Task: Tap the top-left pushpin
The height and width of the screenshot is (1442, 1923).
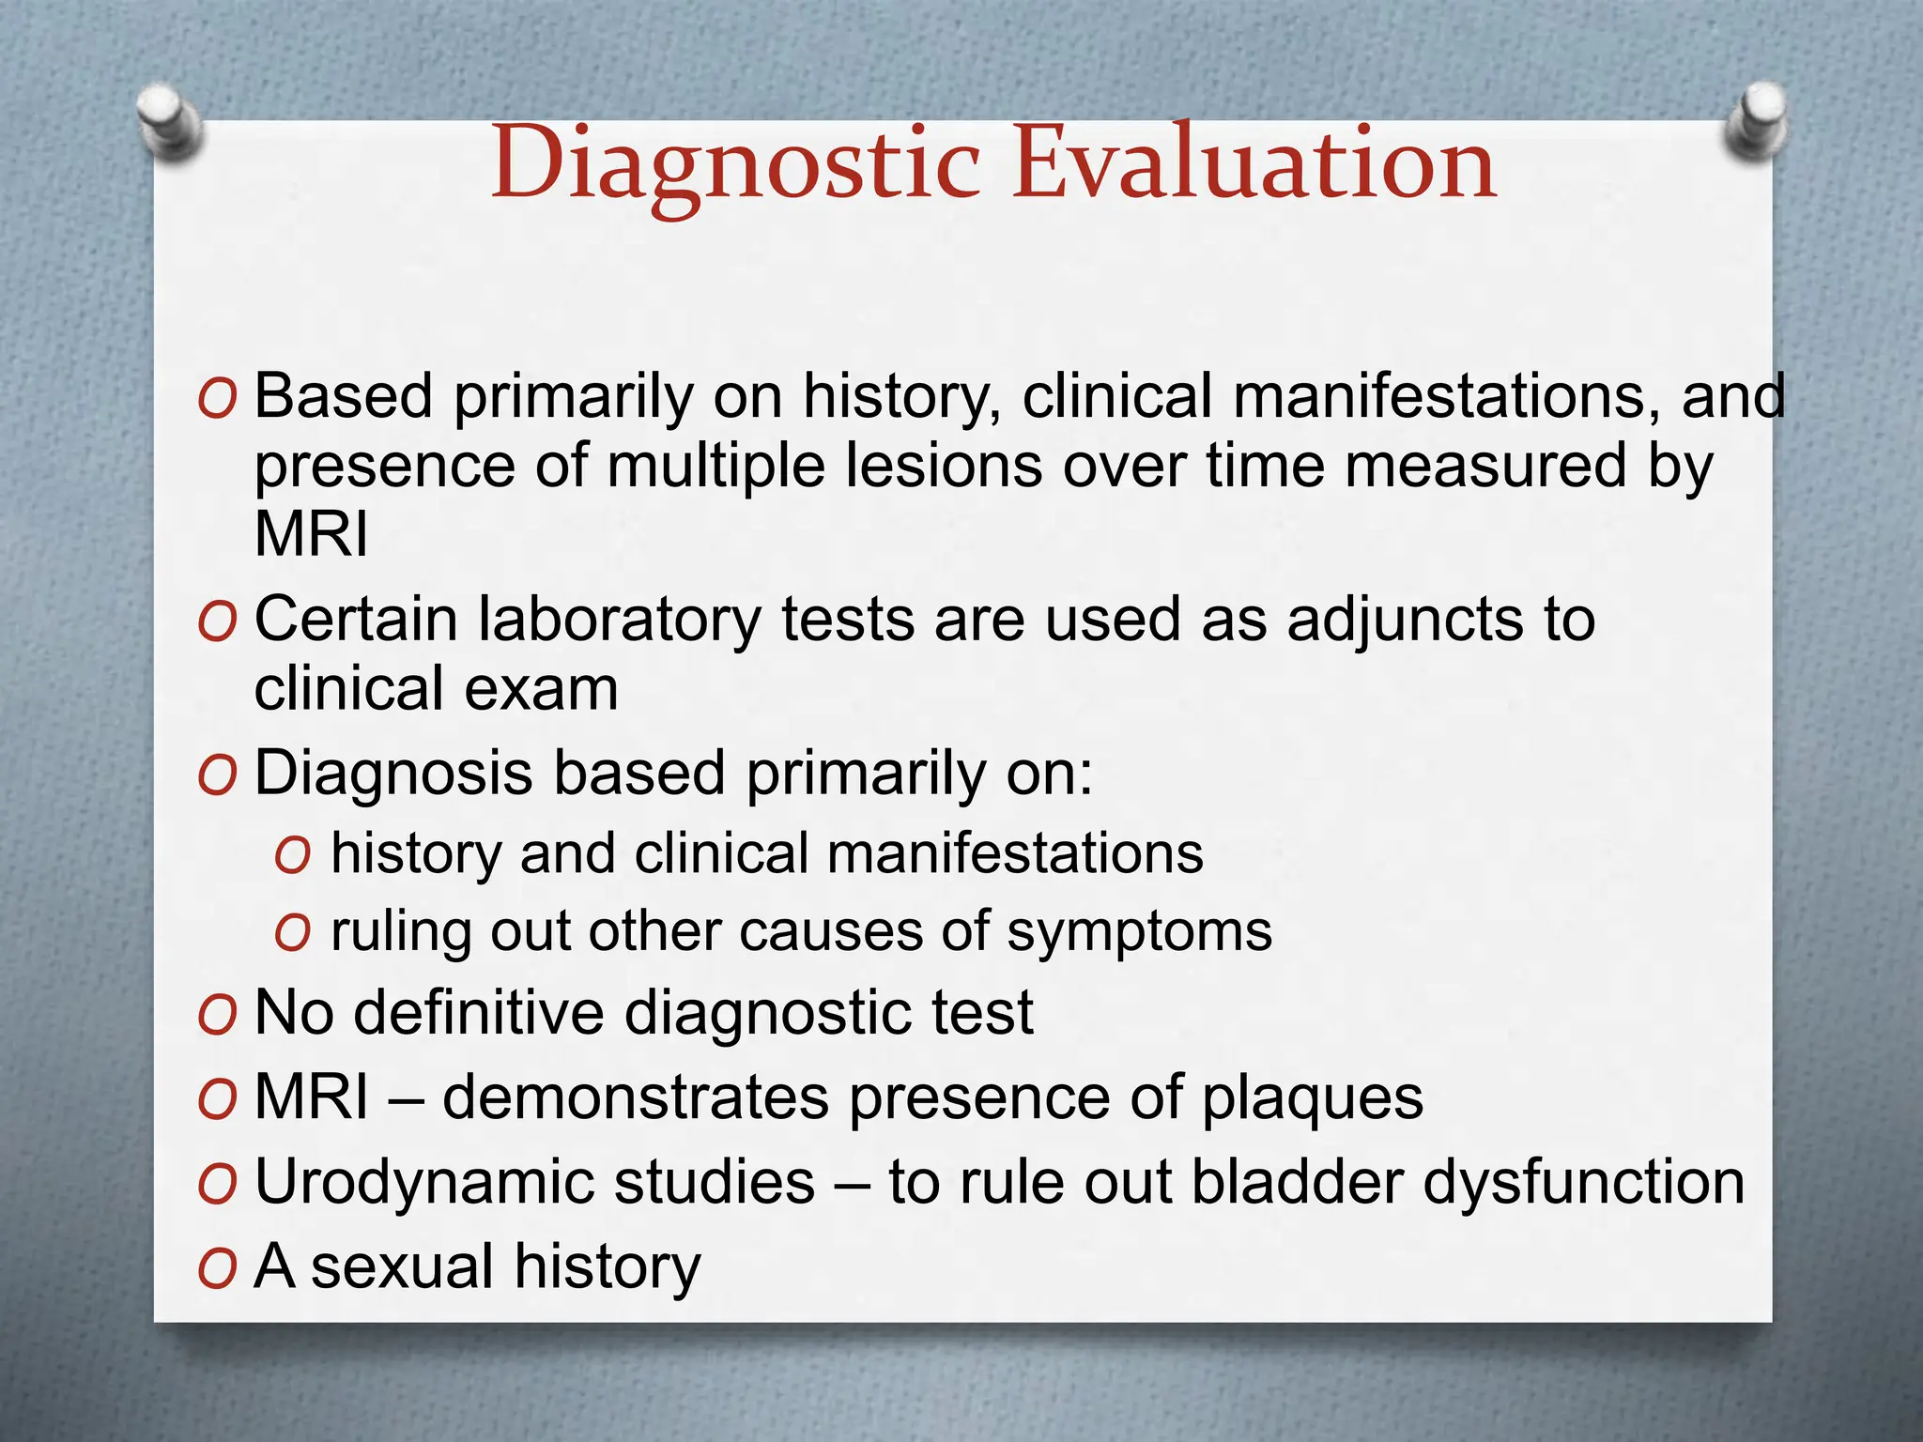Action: coord(168,121)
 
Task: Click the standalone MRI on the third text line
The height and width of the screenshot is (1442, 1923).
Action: coord(312,534)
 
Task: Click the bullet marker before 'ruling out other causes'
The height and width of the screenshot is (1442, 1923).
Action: coord(293,933)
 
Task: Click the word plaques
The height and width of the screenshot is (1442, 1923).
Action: coord(1313,1098)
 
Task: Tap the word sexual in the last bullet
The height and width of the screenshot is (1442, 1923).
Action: coord(402,1266)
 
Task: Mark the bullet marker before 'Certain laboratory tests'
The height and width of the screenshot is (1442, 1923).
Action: coord(217,622)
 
